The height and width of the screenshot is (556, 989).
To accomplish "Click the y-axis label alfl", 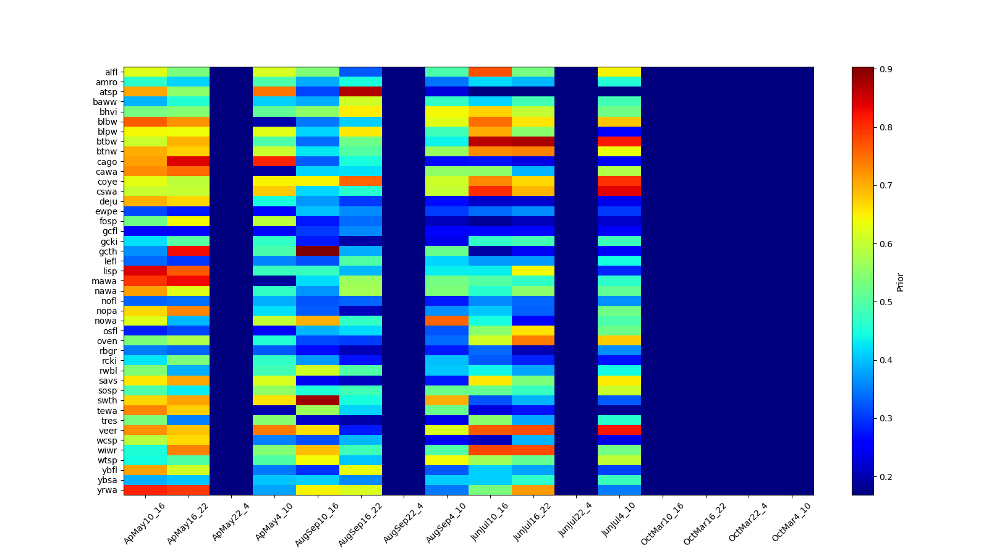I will click(111, 72).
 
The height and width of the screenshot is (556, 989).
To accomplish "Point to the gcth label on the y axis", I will click(108, 251).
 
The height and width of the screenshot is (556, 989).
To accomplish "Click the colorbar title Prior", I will click(900, 282).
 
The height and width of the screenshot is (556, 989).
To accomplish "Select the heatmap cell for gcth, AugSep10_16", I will click(318, 251).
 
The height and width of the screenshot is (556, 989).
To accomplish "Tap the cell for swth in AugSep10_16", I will click(318, 400).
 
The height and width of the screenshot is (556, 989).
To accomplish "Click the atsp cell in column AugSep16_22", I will click(361, 92).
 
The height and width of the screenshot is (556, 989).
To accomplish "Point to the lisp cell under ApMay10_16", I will click(145, 271).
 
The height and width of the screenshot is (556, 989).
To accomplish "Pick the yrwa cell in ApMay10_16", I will click(145, 490).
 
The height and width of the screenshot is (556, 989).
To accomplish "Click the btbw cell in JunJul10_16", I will click(490, 141).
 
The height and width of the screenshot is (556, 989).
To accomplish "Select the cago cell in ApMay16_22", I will click(189, 162).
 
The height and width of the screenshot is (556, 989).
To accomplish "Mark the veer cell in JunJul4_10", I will click(619, 430).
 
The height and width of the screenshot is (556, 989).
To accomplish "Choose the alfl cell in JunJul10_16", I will click(490, 72).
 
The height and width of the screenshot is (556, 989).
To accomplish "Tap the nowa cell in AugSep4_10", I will click(447, 321).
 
